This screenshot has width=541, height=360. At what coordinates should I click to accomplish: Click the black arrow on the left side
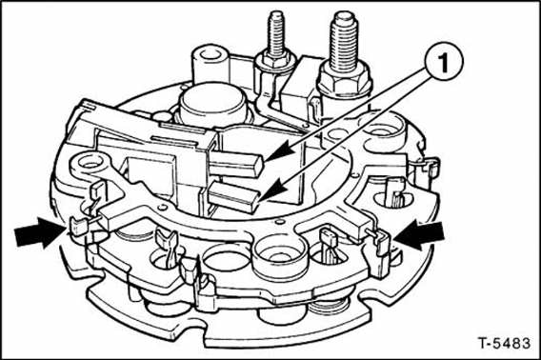38,231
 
